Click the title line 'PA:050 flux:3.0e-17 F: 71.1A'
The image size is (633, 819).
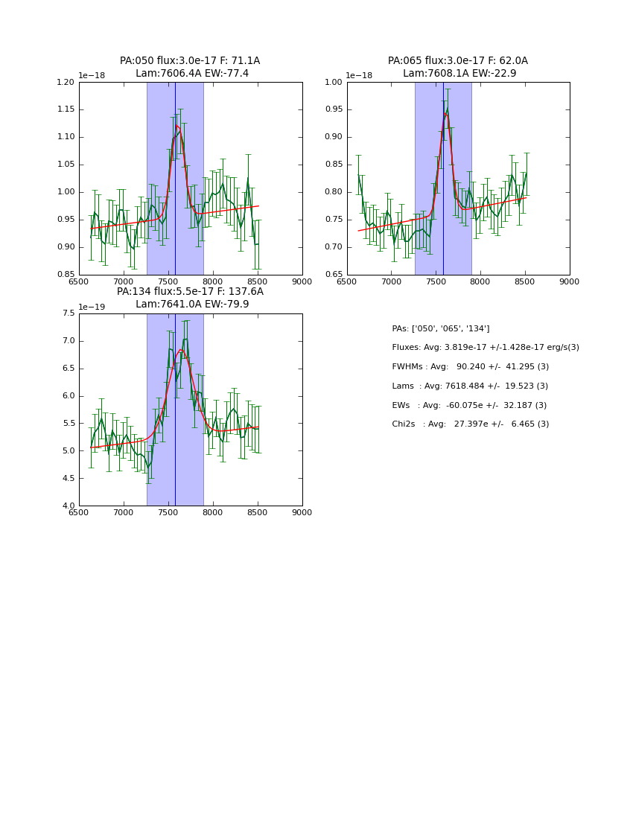(x=190, y=61)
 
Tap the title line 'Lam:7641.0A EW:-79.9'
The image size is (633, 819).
(x=192, y=305)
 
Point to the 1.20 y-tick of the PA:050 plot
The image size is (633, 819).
(x=66, y=82)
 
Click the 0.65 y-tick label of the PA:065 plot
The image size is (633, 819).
(x=334, y=275)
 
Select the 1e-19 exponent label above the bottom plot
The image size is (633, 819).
(x=92, y=307)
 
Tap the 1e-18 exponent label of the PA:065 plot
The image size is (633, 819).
(x=360, y=76)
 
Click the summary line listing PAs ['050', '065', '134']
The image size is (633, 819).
(x=441, y=329)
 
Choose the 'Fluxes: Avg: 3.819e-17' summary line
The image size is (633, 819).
(x=486, y=348)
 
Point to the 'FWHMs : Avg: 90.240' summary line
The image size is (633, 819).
(x=471, y=367)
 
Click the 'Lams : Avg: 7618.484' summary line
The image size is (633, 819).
(x=470, y=386)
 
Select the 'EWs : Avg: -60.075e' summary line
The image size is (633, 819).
(x=469, y=406)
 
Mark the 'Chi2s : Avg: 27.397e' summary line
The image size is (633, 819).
(x=471, y=424)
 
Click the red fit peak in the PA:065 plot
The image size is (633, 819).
(x=447, y=113)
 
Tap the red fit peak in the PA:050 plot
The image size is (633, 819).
(x=177, y=126)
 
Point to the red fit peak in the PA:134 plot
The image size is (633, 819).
(x=180, y=349)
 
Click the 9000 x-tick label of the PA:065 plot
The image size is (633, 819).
(x=570, y=282)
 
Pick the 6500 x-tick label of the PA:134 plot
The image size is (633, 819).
(x=79, y=513)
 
